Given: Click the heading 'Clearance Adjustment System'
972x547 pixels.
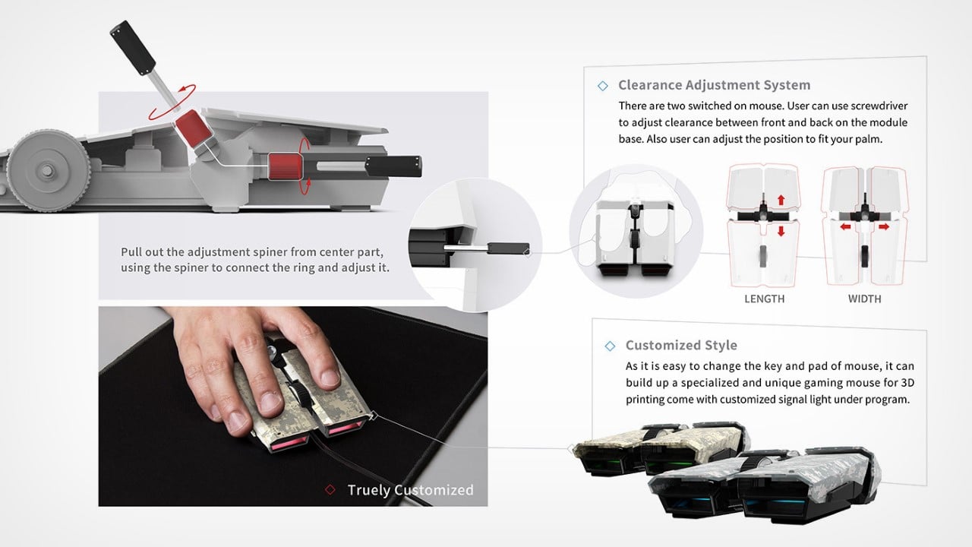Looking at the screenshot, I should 714,85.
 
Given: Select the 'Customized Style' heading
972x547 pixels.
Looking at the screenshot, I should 681,346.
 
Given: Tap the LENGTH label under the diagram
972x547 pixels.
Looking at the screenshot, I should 764,299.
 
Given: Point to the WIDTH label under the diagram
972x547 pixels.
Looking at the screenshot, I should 864,299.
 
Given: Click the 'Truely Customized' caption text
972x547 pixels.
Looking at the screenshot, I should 410,490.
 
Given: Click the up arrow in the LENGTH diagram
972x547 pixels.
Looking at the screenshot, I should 779,201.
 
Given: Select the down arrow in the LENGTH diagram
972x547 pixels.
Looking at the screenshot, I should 779,231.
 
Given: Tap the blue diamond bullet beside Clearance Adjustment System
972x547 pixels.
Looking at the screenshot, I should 603,86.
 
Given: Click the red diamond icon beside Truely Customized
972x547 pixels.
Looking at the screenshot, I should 330,490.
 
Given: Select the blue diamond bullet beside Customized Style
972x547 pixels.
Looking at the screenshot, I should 610,346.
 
